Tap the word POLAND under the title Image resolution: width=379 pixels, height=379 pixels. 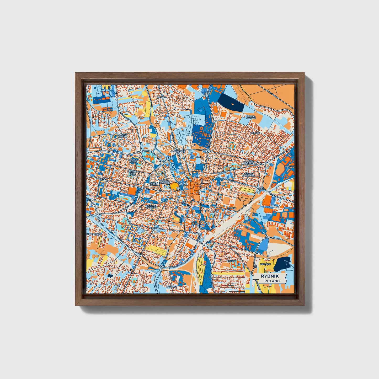[x=272, y=281]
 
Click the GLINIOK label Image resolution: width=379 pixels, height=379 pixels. [x=197, y=157]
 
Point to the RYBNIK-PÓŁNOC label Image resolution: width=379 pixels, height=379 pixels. [x=250, y=117]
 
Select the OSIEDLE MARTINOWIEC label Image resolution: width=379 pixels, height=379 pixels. [x=250, y=163]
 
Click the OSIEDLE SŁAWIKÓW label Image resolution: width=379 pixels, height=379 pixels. [x=152, y=206]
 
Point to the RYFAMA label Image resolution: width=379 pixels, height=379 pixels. [x=231, y=208]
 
